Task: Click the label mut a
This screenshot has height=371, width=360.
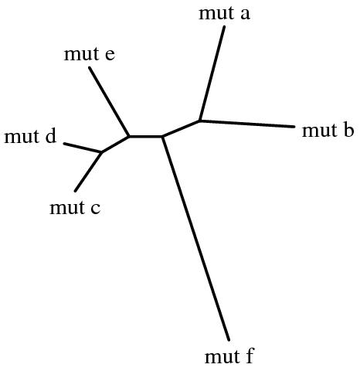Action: click(x=224, y=13)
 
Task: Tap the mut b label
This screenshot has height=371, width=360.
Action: click(x=328, y=130)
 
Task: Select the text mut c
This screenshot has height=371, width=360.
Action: click(x=75, y=208)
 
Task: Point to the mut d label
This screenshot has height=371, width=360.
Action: click(x=30, y=136)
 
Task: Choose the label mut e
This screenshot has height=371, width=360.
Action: click(x=90, y=54)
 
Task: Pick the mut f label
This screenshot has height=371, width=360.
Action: click(x=229, y=356)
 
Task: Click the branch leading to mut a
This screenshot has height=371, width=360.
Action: click(x=212, y=73)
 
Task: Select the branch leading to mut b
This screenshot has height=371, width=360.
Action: click(x=247, y=124)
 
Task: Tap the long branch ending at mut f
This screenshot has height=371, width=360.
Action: click(x=195, y=238)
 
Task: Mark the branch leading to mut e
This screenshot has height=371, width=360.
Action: click(x=109, y=101)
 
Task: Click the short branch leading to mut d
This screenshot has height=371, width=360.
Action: click(x=83, y=148)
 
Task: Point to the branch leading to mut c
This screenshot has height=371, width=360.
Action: click(x=89, y=172)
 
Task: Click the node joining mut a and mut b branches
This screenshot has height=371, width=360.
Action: click(x=200, y=121)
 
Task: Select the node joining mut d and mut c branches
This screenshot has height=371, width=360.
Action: click(x=102, y=152)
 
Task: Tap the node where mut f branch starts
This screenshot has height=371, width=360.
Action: click(x=162, y=136)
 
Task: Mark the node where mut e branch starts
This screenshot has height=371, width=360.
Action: click(x=129, y=136)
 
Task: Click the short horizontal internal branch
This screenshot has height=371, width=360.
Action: click(x=145, y=136)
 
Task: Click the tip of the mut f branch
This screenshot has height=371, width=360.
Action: click(x=229, y=340)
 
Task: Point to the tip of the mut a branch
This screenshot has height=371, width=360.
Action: click(x=224, y=26)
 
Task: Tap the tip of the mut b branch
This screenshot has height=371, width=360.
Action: click(x=294, y=127)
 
